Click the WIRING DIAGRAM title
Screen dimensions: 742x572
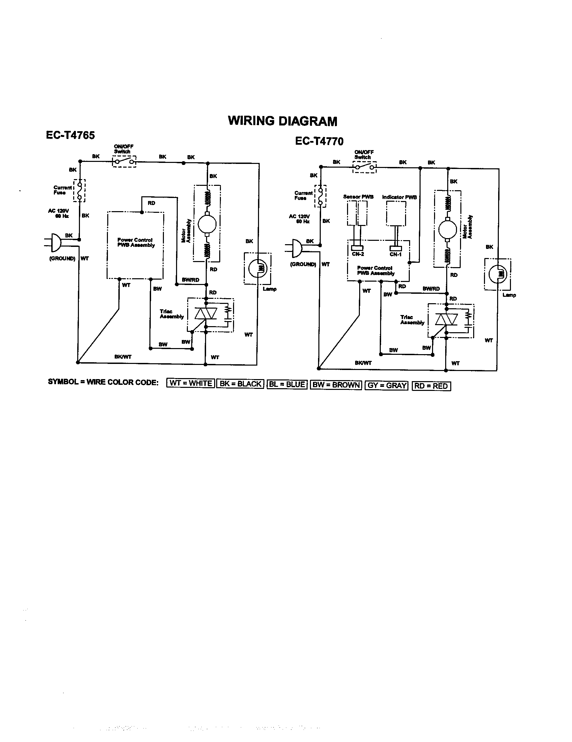(x=282, y=121)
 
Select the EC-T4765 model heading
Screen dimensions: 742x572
(x=70, y=135)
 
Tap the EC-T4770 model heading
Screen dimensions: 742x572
(x=319, y=141)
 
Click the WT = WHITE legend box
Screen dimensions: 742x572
(x=191, y=383)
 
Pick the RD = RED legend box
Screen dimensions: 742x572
(x=431, y=386)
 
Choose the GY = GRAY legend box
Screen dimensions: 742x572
(x=387, y=386)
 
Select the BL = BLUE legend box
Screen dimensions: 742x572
(x=287, y=384)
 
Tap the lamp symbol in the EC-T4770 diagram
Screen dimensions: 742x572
(x=498, y=274)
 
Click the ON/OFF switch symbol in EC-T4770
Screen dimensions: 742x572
(x=365, y=167)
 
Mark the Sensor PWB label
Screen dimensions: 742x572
(x=358, y=197)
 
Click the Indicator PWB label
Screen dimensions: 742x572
(x=399, y=197)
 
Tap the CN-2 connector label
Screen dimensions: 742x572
(x=358, y=254)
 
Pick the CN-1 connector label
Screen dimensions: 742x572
(x=395, y=254)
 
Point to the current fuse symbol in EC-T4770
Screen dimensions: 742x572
(x=320, y=196)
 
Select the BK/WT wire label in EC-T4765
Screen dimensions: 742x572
(x=123, y=357)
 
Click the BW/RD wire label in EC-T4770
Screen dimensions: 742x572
(x=431, y=289)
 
